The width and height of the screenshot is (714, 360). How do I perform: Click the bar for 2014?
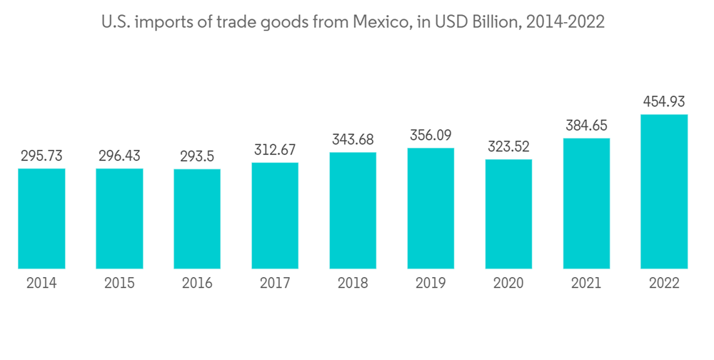(x=41, y=219)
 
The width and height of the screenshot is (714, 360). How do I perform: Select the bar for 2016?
(x=197, y=219)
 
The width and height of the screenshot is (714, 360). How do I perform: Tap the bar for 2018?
(x=353, y=211)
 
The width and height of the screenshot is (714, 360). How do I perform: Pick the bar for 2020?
(x=508, y=214)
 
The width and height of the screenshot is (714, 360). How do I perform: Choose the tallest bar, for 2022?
(x=664, y=191)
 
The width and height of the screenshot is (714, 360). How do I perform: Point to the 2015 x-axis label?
(x=119, y=284)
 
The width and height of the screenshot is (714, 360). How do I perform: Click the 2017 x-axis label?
(x=275, y=284)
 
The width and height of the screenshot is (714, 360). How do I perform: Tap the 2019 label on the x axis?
(x=431, y=284)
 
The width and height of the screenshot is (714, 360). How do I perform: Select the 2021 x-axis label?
(x=586, y=284)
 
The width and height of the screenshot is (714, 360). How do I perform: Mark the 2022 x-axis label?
(x=664, y=284)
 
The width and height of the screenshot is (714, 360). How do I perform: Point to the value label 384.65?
(x=586, y=126)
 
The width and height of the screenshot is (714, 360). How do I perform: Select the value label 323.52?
(x=508, y=147)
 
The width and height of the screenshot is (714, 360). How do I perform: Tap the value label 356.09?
(x=431, y=135)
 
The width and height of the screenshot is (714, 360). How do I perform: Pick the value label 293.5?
(x=197, y=156)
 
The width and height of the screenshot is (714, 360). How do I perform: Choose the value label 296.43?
(x=119, y=156)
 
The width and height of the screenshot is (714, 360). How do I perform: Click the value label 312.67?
(x=275, y=150)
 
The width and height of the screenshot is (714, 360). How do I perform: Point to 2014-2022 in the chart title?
(x=565, y=22)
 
